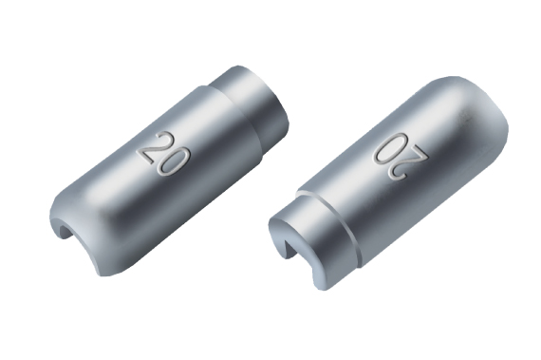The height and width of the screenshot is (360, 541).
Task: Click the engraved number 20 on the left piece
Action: coord(164,154)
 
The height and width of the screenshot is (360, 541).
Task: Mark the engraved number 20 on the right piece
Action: coord(401,157)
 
